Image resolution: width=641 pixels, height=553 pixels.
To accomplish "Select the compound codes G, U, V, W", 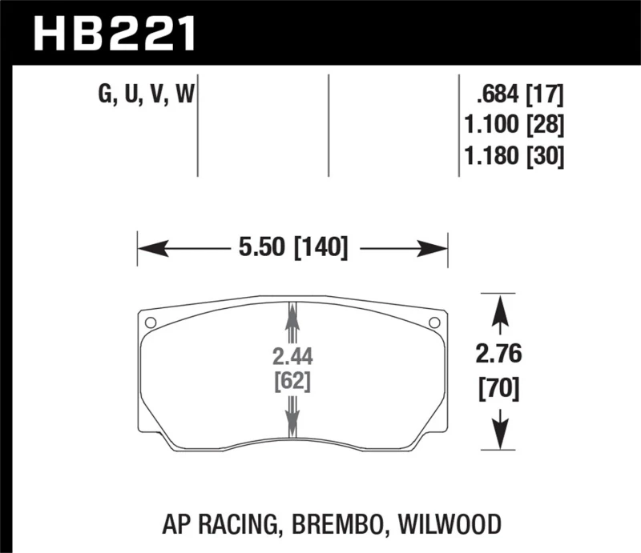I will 146,98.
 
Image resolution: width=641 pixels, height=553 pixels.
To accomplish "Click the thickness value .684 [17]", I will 519,97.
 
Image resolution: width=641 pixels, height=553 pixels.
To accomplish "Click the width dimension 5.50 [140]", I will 292,249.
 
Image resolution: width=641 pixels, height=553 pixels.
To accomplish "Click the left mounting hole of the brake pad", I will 149,323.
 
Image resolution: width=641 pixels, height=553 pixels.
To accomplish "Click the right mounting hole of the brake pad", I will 434,323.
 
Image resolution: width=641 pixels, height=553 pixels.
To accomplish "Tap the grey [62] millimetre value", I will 292,382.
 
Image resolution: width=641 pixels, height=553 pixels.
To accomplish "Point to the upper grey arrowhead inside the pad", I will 292,316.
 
